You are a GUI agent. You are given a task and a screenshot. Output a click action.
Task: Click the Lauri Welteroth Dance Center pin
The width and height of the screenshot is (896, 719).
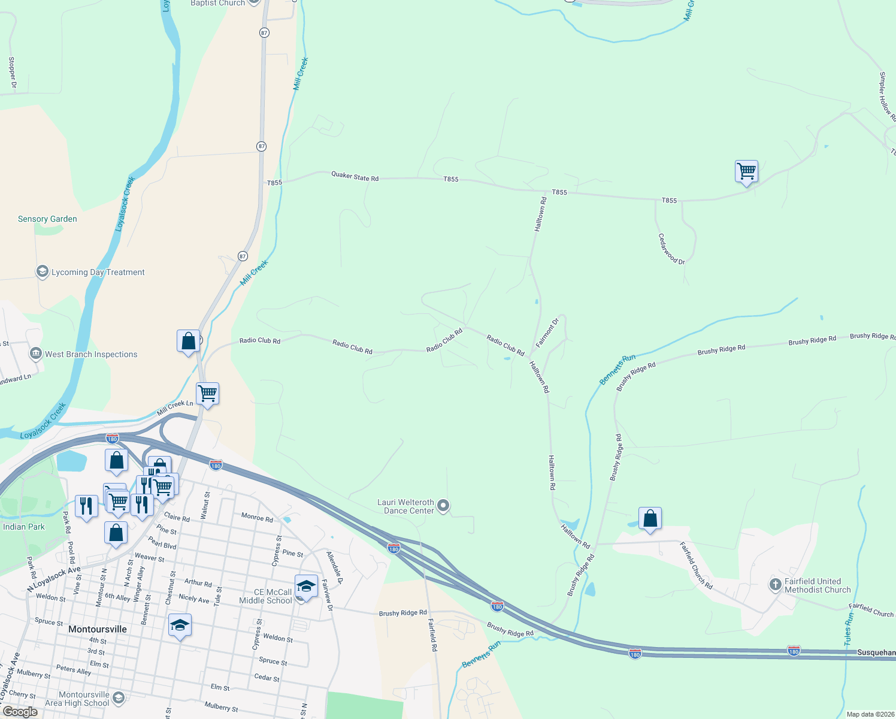443,506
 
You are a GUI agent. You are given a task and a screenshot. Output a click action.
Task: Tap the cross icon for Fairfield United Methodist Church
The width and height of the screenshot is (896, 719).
775,584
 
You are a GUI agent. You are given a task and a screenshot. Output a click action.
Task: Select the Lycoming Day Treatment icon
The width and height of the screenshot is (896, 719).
42,271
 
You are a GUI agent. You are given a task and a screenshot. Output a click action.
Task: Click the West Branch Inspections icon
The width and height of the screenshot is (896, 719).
36,354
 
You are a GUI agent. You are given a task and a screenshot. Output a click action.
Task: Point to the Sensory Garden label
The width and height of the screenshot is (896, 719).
47,219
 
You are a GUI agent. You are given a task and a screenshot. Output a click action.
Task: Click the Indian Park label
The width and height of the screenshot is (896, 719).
24,527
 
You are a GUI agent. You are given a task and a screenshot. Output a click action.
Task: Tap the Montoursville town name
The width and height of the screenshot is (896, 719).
98,629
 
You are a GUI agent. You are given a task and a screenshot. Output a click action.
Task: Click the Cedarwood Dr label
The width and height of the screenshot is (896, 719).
671,249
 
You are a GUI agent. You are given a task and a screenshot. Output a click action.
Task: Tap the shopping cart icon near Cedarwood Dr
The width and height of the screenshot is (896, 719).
746,171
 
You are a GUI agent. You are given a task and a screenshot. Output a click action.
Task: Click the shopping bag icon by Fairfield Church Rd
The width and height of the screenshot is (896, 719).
650,519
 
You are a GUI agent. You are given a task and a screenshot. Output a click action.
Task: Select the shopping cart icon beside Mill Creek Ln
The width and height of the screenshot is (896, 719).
207,394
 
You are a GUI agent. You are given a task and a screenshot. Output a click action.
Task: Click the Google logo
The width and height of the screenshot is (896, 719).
20,712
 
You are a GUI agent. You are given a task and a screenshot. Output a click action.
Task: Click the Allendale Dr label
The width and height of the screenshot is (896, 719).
334,568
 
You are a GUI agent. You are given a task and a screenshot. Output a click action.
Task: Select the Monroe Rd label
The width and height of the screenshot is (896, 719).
257,518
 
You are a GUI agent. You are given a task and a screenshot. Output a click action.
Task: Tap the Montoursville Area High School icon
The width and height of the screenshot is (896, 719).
119,697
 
